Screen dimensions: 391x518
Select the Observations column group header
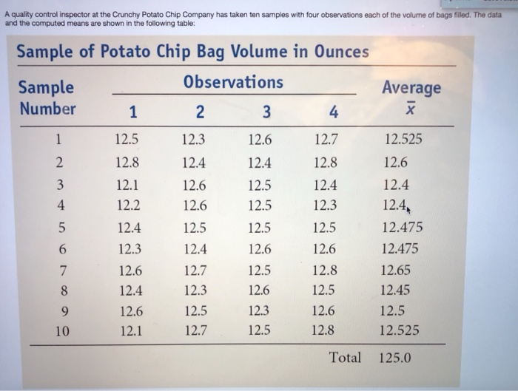tap(233, 82)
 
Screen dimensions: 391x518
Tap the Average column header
tap(411, 88)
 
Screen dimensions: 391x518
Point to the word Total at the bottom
tap(346, 358)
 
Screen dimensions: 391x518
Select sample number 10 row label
tap(62, 330)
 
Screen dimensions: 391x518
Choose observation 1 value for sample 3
tap(129, 184)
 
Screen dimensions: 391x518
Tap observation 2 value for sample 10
tap(195, 330)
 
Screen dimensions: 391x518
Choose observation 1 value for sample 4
tap(129, 205)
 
